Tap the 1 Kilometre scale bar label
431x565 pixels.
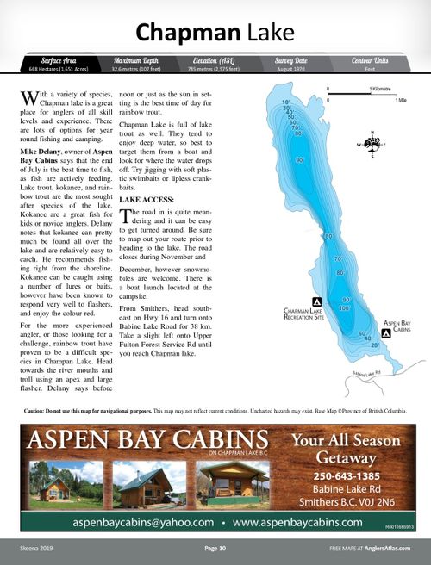click(x=383, y=90)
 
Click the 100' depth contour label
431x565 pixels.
click(x=345, y=307)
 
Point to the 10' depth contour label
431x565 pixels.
click(x=285, y=102)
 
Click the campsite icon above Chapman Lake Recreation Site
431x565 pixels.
click(x=316, y=301)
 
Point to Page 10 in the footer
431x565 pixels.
click(x=215, y=548)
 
